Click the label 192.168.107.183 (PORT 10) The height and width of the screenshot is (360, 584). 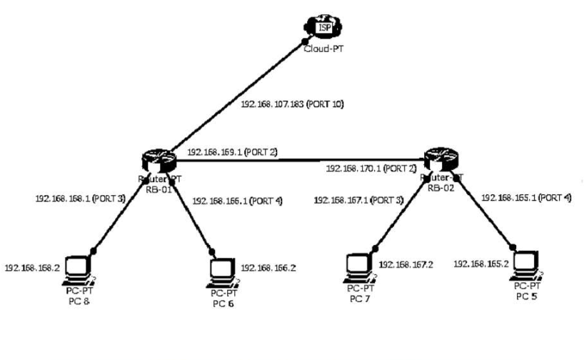coord(292,104)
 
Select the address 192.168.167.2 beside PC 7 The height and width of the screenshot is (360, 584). coord(405,264)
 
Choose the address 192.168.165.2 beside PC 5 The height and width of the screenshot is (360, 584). coord(480,264)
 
